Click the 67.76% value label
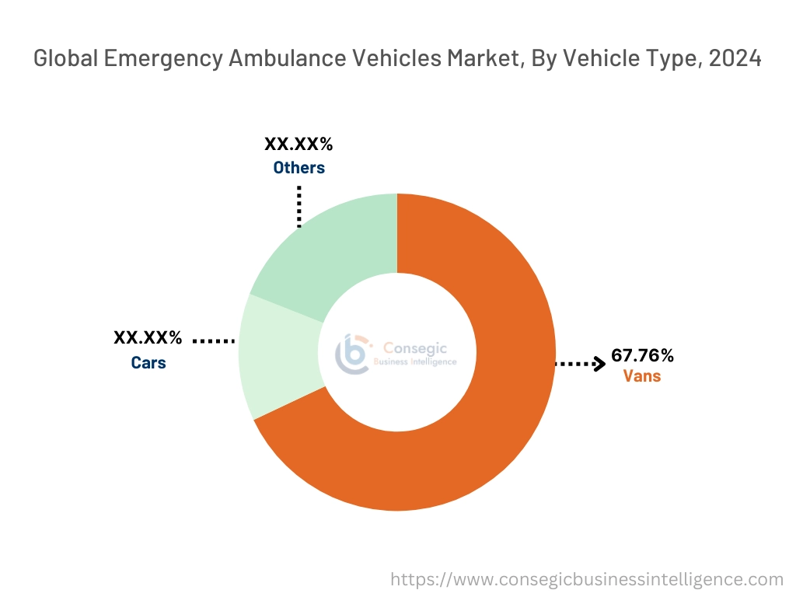click(x=642, y=356)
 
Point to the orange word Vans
click(x=642, y=377)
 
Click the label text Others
click(x=298, y=168)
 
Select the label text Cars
click(x=148, y=362)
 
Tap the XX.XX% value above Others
click(x=298, y=145)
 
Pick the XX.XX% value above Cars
click(x=148, y=338)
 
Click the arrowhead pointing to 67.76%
click(x=599, y=363)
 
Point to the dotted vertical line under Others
click(x=298, y=206)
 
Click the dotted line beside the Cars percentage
click(x=213, y=340)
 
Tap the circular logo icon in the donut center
click(x=351, y=354)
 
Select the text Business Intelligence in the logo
click(x=416, y=362)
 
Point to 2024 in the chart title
click(x=734, y=59)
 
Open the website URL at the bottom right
click(x=586, y=579)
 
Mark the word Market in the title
click(x=481, y=59)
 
